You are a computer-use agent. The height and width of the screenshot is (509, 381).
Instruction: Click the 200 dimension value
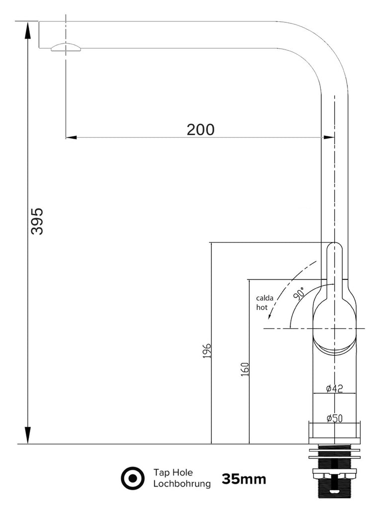coord(200,129)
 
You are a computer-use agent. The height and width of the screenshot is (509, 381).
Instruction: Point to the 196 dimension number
coord(207,350)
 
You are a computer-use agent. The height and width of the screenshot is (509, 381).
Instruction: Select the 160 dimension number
coord(245,369)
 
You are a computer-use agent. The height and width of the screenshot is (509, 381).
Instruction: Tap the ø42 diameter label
coord(334,389)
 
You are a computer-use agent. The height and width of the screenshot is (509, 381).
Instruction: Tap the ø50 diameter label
coord(334,419)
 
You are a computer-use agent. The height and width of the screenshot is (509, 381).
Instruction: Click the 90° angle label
coord(299,293)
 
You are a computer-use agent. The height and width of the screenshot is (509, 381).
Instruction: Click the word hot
coord(262,307)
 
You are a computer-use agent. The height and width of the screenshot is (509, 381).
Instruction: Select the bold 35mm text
coord(244,479)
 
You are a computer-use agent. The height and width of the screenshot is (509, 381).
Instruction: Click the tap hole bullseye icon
coord(133,478)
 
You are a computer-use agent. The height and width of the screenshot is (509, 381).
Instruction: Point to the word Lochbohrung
coord(182,483)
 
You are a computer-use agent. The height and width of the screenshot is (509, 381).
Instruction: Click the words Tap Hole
coord(173,472)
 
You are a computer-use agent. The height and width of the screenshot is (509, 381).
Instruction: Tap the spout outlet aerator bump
coord(65,47)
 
